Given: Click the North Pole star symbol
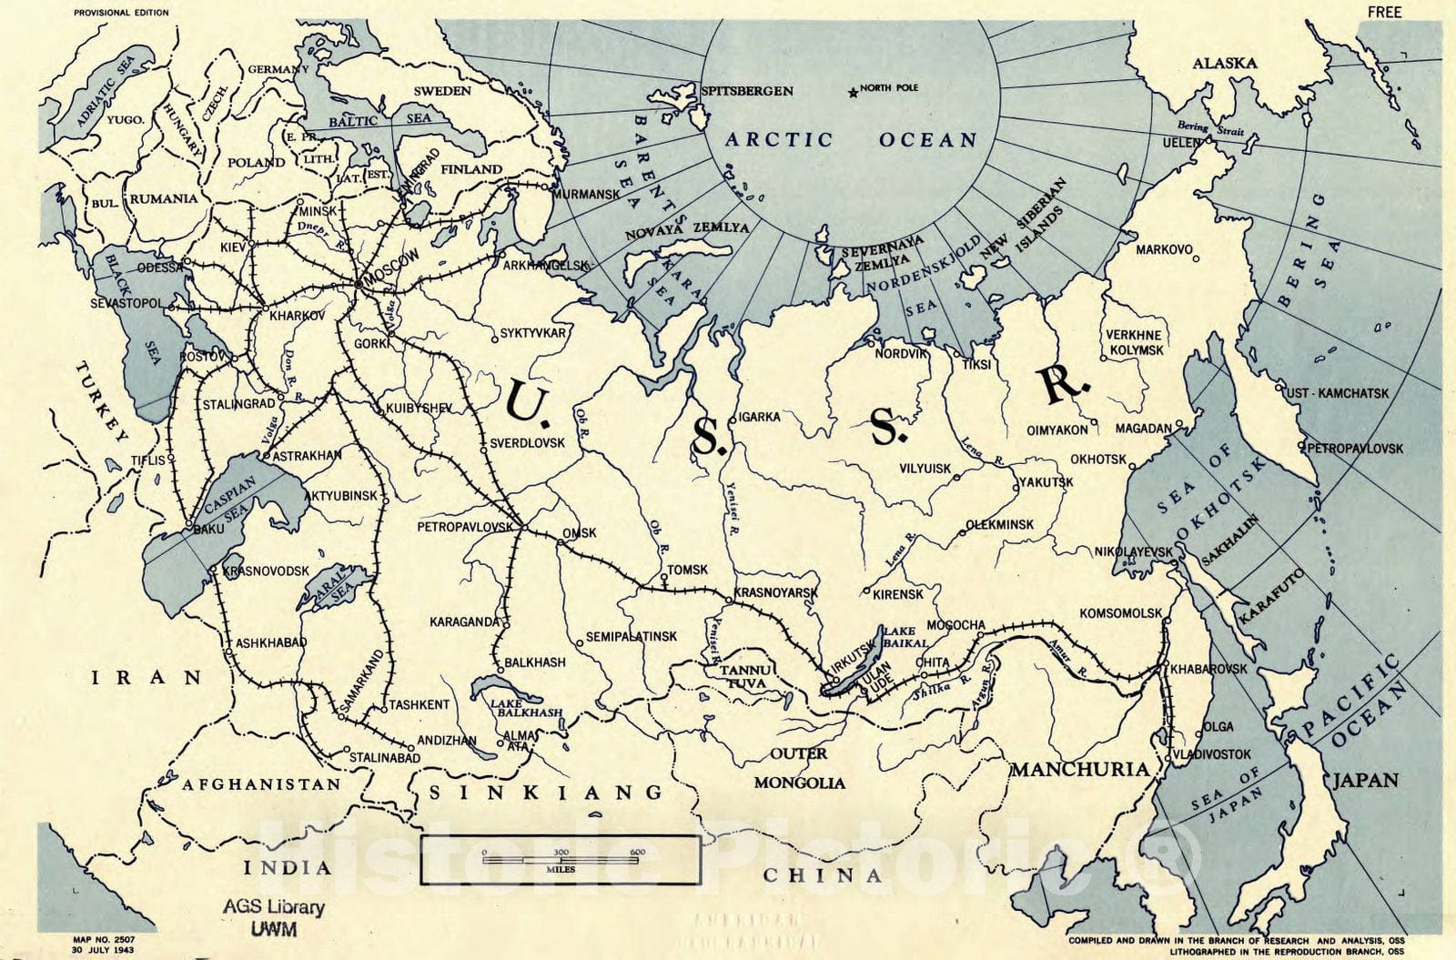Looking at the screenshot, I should coord(852,91).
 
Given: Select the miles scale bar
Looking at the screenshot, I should coord(561,859).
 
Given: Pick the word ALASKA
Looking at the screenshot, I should coord(1225,63).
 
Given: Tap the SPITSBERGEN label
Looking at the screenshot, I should coord(748,90).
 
